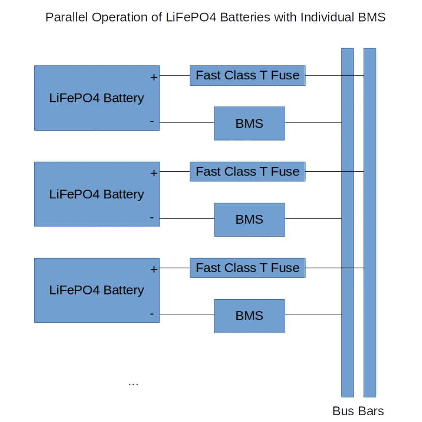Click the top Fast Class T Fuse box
[247, 76]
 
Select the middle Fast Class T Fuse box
[247, 172]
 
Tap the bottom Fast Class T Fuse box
[247, 268]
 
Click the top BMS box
[249, 123]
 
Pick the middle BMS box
[249, 219]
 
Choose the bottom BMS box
[249, 316]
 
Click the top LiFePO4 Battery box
[97, 98]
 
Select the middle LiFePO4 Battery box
[97, 194]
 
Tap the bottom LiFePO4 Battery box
[97, 290]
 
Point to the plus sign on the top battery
[154, 77]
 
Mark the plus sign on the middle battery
[154, 173]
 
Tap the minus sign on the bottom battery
[152, 314]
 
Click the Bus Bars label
[358, 411]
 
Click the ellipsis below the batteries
[133, 384]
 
